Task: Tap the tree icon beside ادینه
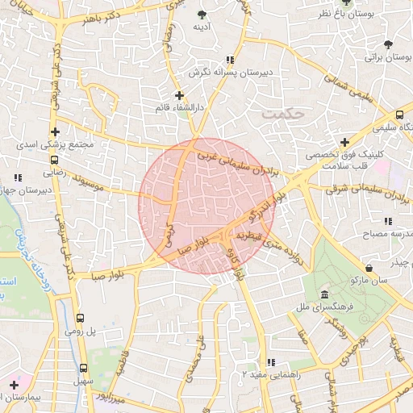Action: [201, 15]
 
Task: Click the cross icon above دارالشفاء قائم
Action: [179, 95]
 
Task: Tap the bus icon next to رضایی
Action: [53, 160]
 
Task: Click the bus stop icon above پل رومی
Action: [80, 319]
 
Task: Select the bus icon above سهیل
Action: [83, 367]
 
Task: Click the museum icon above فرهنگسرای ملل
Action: [324, 294]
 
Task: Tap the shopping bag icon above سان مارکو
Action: [369, 267]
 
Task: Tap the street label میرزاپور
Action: [109, 396]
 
